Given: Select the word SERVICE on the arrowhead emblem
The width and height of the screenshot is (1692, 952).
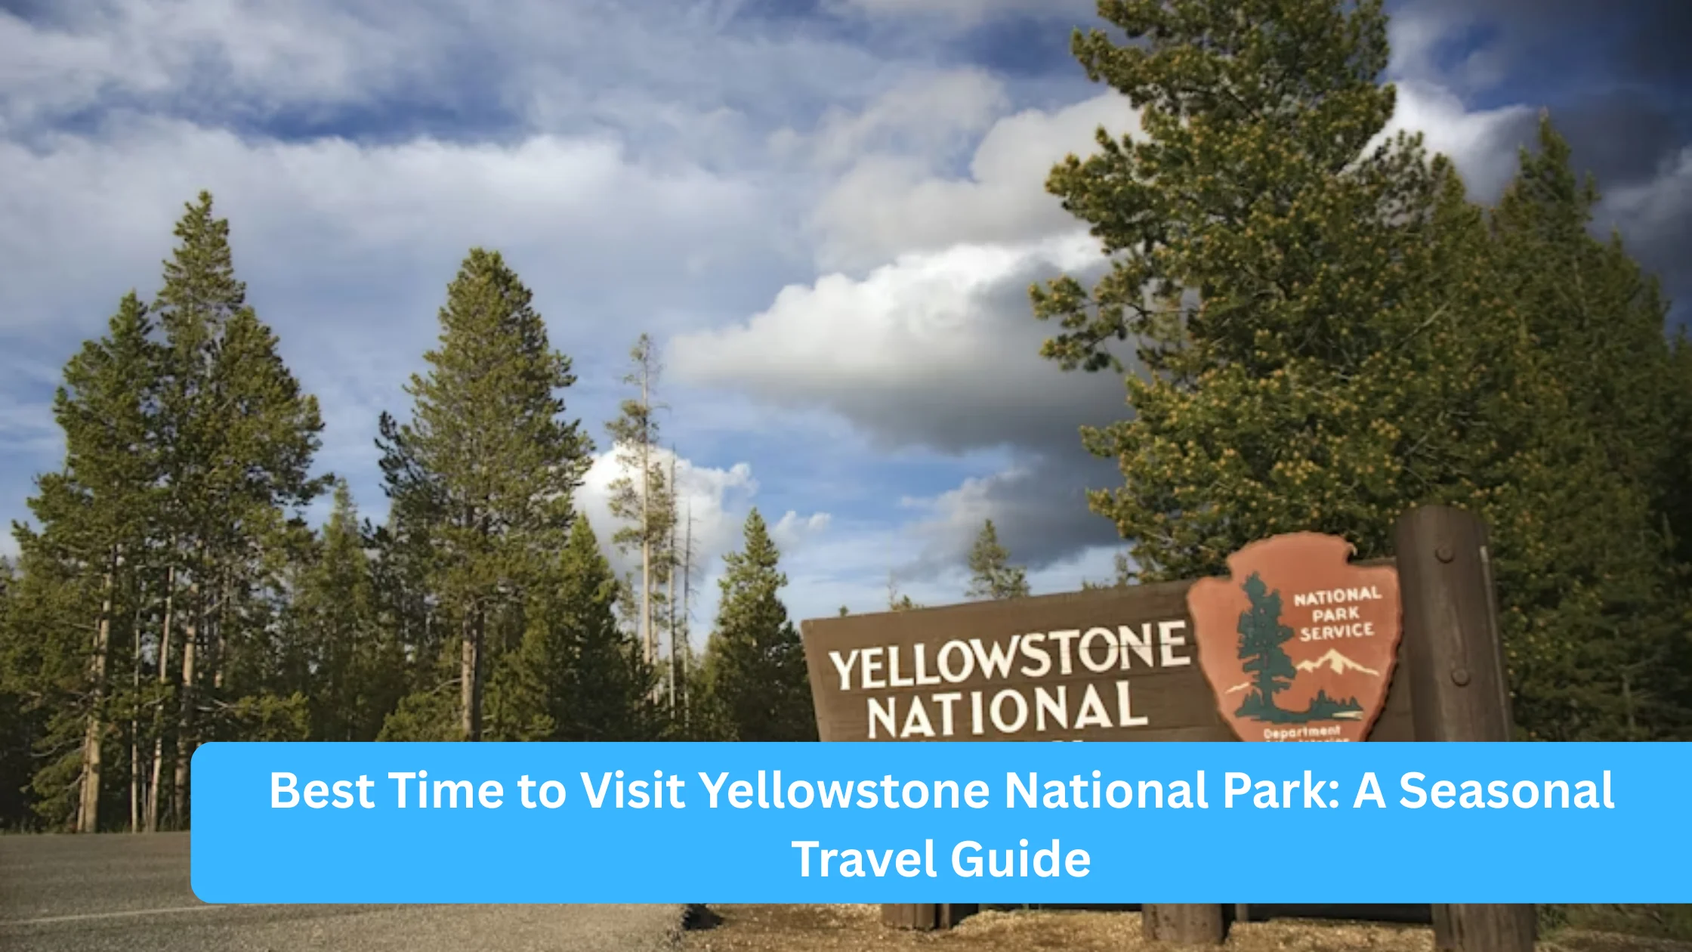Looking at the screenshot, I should (x=1336, y=631).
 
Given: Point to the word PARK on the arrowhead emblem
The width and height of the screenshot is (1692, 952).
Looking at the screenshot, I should (x=1335, y=614).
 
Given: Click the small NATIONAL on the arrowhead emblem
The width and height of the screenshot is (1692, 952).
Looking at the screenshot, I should (x=1337, y=597).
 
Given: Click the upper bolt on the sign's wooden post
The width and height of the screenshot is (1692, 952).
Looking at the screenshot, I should (x=1444, y=554).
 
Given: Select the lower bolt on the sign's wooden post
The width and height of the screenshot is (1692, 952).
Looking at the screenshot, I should (x=1460, y=675).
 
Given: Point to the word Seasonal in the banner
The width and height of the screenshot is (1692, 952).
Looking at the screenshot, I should (x=1506, y=791).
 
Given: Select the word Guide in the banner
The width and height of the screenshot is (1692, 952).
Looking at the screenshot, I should (x=1020, y=859).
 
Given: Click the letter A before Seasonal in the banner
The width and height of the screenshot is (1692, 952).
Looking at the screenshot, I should (x=1369, y=791).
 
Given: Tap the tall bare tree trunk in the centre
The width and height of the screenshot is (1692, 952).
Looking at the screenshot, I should (x=647, y=529).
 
